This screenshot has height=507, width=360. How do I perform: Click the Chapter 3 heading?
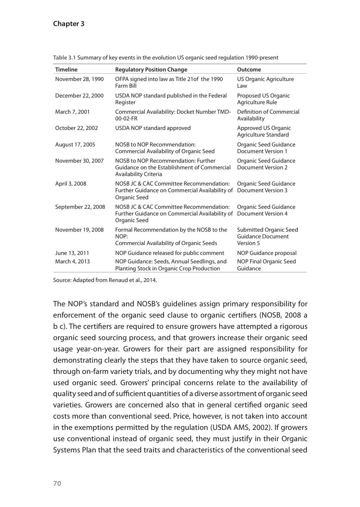point(69,24)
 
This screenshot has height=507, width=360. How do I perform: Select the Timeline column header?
point(66,69)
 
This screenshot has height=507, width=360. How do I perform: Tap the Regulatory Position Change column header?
point(151,69)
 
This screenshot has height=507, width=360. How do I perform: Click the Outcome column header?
point(249,69)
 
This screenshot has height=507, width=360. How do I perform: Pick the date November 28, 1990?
point(80,79)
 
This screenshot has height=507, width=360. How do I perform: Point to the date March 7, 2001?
point(72,112)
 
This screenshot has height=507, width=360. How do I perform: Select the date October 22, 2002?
point(76,128)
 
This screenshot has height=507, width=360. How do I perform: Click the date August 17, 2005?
point(75,145)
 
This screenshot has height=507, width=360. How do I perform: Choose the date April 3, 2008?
point(71,184)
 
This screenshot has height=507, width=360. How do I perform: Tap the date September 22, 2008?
point(80,207)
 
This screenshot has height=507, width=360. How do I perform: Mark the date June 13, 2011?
point(72,253)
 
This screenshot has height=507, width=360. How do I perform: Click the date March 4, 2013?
point(72,262)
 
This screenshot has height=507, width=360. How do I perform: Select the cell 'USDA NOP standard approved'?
point(153,128)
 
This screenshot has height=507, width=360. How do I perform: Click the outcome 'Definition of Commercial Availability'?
point(268,115)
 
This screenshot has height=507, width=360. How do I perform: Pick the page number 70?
point(57,483)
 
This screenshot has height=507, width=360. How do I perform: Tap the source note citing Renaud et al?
point(105,280)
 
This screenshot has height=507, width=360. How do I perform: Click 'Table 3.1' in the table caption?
point(64,58)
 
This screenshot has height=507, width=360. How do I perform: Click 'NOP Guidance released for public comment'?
point(170,253)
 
